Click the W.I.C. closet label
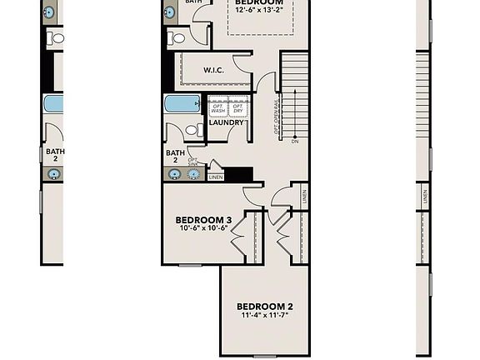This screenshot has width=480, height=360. pyautogui.click(x=202, y=70)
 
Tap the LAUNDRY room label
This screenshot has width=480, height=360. pyautogui.click(x=227, y=123)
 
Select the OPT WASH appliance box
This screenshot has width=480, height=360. pyautogui.click(x=218, y=107)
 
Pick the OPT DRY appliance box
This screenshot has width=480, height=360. pyautogui.click(x=237, y=107)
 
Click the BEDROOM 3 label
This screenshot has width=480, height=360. pyautogui.click(x=203, y=220)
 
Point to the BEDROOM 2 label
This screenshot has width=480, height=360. pyautogui.click(x=265, y=306)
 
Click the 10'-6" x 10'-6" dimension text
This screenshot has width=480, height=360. pyautogui.click(x=203, y=229)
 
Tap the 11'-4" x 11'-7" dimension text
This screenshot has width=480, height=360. pyautogui.click(x=265, y=316)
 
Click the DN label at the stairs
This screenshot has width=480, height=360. pyautogui.click(x=295, y=141)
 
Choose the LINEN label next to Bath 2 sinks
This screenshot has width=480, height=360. pyautogui.click(x=216, y=177)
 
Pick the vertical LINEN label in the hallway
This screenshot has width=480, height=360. pyautogui.click(x=305, y=197)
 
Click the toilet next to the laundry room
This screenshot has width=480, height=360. pyautogui.click(x=192, y=130)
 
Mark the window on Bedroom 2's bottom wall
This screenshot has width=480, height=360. pyautogui.click(x=265, y=357)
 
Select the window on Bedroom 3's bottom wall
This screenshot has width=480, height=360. pyautogui.click(x=191, y=265)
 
